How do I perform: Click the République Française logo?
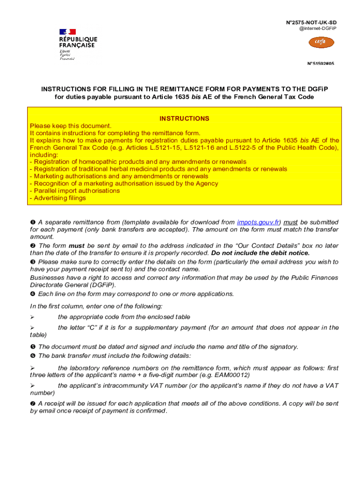click(x=78, y=44)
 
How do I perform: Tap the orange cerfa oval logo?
click(x=322, y=43)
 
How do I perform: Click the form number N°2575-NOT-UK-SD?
click(x=311, y=22)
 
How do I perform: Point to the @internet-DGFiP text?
click(x=317, y=29)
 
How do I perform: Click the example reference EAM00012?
click(x=233, y=376)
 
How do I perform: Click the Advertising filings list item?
click(x=58, y=198)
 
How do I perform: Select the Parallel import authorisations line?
click(x=75, y=191)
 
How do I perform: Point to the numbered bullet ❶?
click(x=33, y=222)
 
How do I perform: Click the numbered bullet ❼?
click(x=33, y=404)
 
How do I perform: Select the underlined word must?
click(x=291, y=222)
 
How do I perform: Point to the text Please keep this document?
click(x=71, y=126)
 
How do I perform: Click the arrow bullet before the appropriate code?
click(x=33, y=317)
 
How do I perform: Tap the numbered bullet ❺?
click(x=33, y=347)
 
